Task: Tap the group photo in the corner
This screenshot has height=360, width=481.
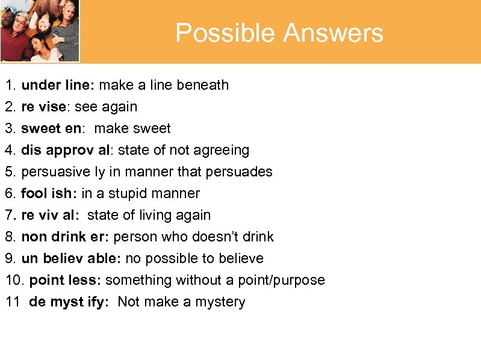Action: click(x=40, y=30)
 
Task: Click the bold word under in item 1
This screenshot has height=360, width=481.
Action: click(x=40, y=85)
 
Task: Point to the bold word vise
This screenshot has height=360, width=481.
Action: click(x=53, y=107)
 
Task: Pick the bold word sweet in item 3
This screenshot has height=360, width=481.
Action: click(x=40, y=128)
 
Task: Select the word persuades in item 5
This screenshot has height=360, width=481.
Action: click(x=239, y=172)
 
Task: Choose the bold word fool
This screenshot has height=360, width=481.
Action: click(x=33, y=193)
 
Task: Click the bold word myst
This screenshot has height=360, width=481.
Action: click(x=65, y=302)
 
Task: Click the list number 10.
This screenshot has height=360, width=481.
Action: click(x=14, y=280)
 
